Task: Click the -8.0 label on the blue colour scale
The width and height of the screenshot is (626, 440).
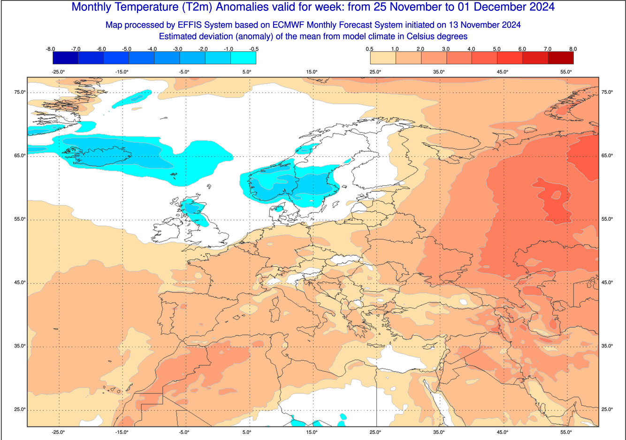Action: (x=51, y=49)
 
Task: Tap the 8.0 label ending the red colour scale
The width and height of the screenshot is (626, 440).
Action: (x=573, y=49)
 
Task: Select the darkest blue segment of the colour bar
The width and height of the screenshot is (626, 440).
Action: (x=66, y=58)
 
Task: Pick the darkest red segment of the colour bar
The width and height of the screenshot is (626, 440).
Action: (x=560, y=58)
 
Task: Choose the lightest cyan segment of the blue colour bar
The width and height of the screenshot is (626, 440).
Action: (x=243, y=58)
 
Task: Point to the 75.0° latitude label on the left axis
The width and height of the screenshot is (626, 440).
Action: (x=20, y=92)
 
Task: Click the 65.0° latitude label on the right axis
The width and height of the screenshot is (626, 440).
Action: (x=607, y=155)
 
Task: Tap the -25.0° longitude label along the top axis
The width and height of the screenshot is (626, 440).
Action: (x=59, y=72)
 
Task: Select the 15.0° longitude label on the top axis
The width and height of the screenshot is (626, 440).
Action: (x=312, y=72)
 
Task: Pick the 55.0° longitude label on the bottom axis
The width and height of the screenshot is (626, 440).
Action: (x=566, y=432)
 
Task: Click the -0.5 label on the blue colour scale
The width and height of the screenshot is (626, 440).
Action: (x=254, y=49)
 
